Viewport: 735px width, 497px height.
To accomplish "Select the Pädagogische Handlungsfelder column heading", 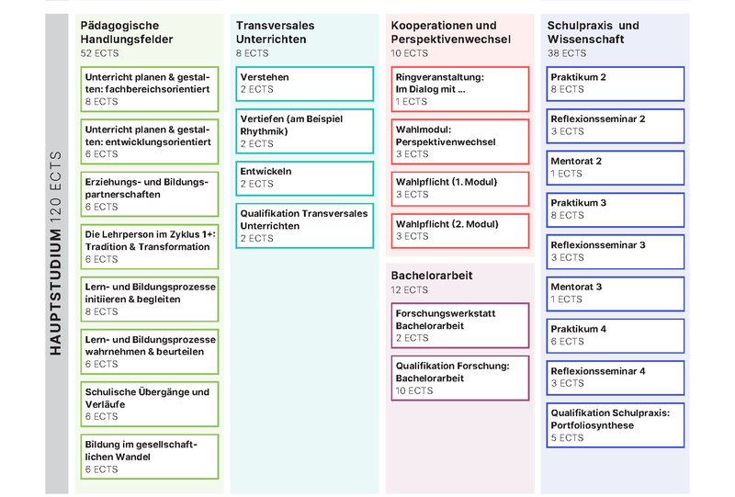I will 127,32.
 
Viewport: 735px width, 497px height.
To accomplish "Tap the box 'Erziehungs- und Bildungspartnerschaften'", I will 149,194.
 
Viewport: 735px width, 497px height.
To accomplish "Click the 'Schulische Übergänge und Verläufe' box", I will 149,403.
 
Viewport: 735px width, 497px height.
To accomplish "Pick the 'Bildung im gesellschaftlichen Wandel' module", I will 149,456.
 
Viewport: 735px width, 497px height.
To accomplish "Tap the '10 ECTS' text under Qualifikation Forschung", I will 414,390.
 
